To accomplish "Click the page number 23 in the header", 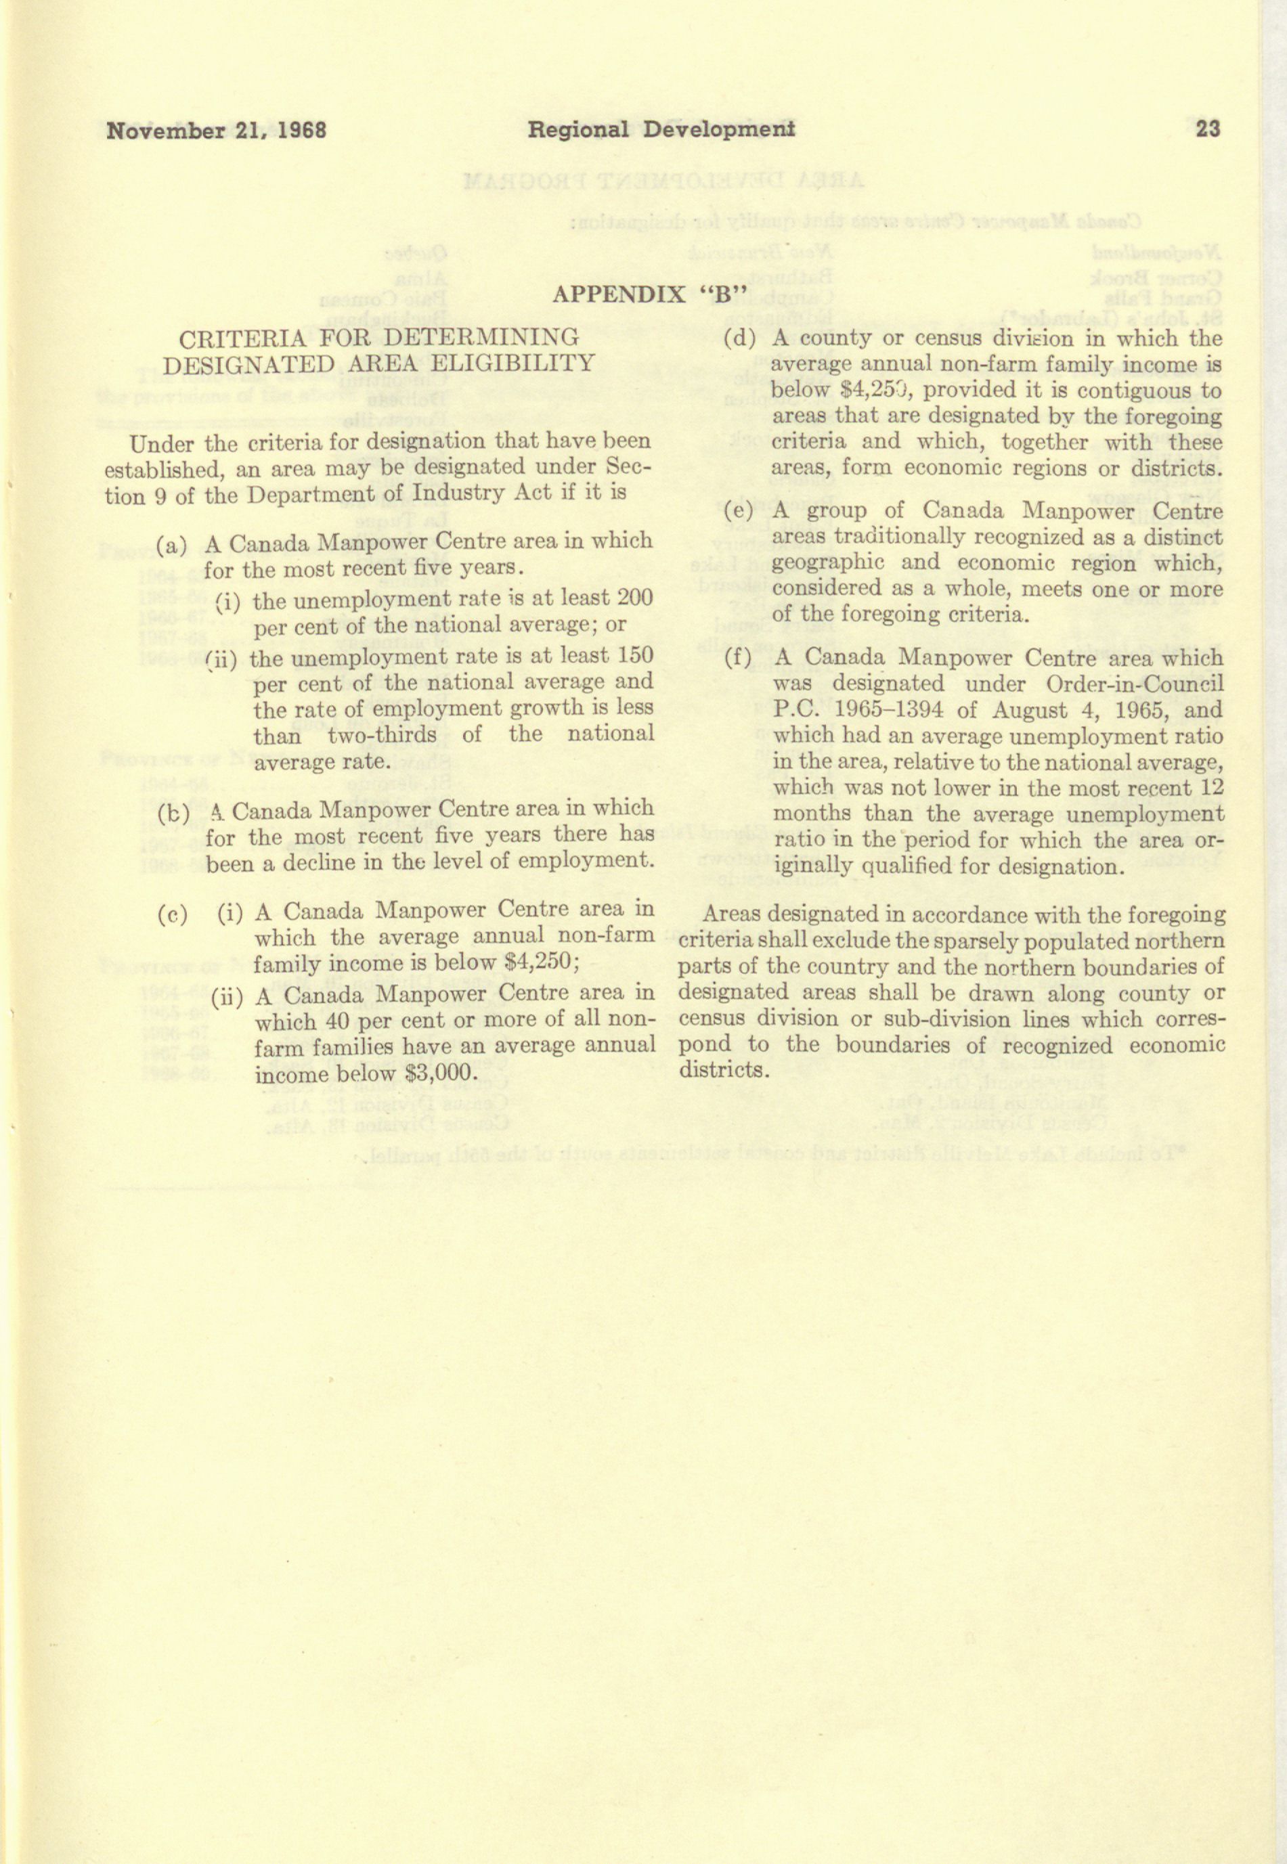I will (1208, 129).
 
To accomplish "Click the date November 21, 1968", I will (216, 130).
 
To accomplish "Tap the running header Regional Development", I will (661, 129).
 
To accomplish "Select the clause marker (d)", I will (739, 338).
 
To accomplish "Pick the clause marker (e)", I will (739, 510).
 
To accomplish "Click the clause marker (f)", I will (739, 658).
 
